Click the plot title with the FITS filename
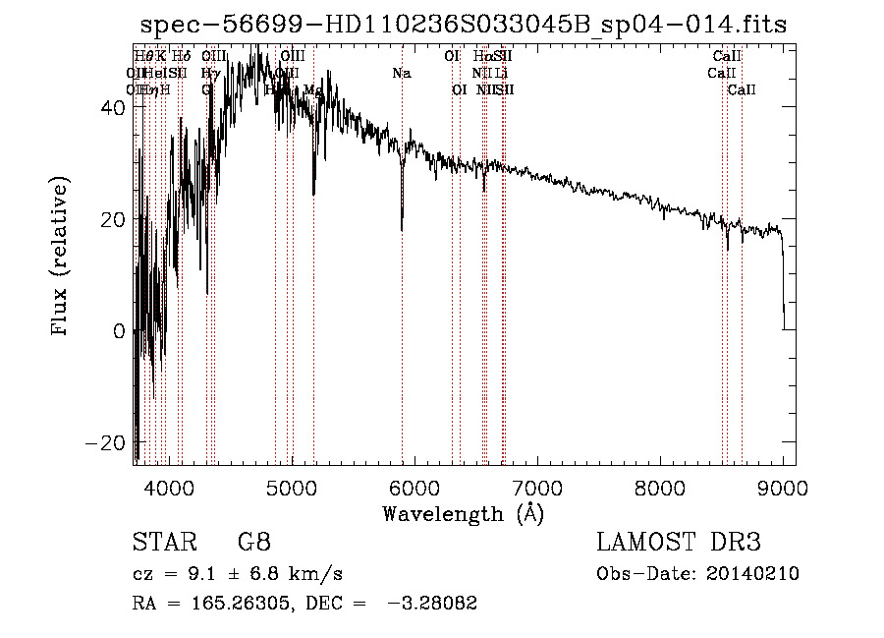coord(464,25)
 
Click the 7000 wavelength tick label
coord(537,487)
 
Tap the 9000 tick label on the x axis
coord(783,487)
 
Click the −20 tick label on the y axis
coord(108,443)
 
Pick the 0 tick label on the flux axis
coord(120,331)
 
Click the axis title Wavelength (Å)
coord(463,513)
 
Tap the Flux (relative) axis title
coord(61,258)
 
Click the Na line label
coord(401,74)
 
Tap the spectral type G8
coord(253,543)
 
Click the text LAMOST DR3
coord(679,543)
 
